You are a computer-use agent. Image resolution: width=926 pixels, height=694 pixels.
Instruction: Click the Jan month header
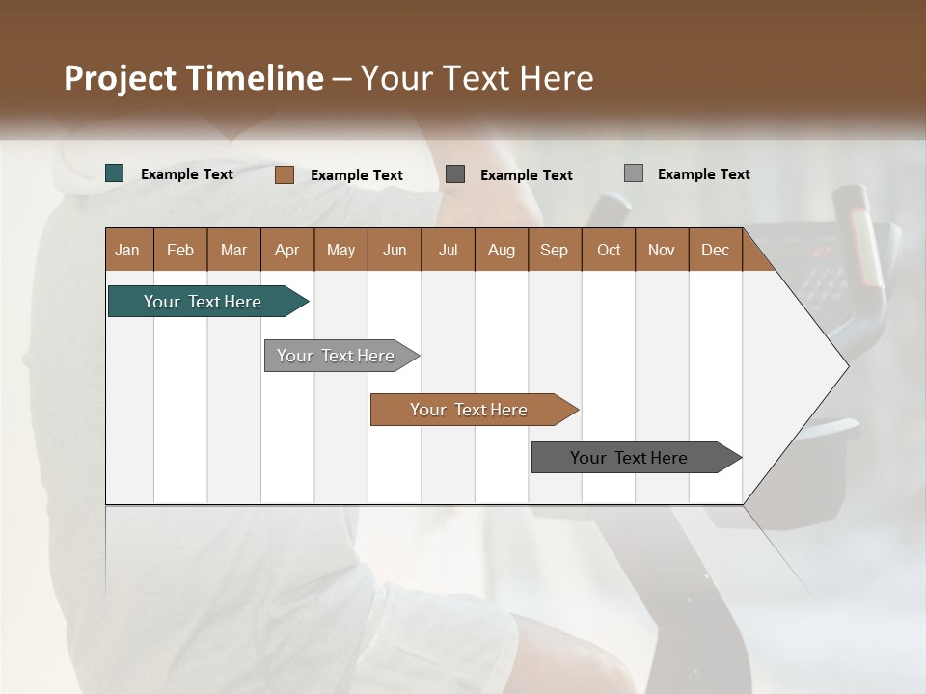click(128, 250)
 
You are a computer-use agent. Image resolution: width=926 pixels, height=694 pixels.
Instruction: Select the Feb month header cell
click(180, 250)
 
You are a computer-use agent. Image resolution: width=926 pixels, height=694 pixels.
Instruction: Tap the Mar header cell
click(233, 250)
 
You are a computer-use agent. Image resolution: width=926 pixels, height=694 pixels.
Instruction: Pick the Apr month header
click(287, 250)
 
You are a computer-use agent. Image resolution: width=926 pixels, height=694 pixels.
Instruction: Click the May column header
click(340, 250)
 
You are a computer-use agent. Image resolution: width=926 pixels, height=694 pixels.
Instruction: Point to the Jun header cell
click(395, 250)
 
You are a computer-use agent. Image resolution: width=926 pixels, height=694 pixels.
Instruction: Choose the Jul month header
click(448, 250)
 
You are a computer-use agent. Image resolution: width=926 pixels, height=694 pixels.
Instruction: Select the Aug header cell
click(502, 250)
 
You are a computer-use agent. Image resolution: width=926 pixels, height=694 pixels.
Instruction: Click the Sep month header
click(555, 250)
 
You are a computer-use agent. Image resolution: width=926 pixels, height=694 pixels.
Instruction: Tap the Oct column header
click(609, 250)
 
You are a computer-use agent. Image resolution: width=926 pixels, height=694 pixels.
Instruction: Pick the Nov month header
click(662, 250)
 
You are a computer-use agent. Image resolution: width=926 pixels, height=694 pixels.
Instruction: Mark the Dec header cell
click(716, 250)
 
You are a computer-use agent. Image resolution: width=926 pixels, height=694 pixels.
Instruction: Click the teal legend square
click(115, 173)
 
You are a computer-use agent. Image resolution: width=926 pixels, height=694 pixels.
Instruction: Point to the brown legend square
click(284, 174)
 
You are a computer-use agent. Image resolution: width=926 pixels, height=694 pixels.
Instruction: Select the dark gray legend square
click(455, 173)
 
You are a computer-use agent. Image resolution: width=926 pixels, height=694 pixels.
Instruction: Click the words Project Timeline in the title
click(193, 78)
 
